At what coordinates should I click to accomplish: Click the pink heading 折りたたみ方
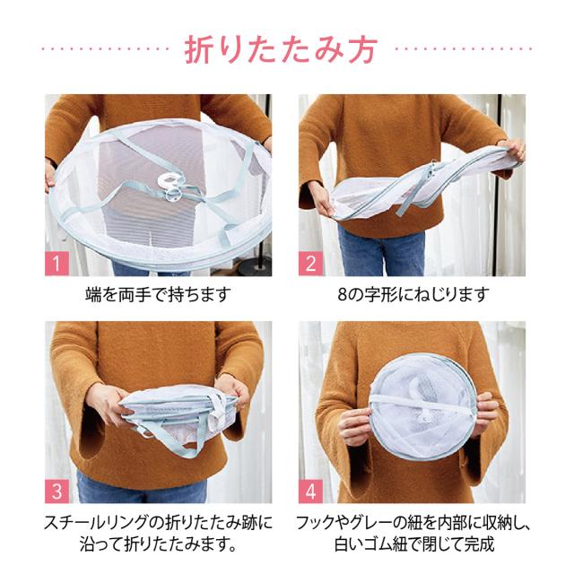click(281, 49)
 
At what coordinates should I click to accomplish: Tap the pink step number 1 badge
click(57, 263)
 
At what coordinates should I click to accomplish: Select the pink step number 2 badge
click(311, 263)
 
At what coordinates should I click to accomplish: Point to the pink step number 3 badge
click(57, 491)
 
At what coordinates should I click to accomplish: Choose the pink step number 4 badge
click(311, 491)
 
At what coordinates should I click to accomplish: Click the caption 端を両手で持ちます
click(158, 294)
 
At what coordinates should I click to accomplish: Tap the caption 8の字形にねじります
click(413, 294)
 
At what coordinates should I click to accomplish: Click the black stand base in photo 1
click(255, 266)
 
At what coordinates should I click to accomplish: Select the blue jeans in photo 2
click(380, 251)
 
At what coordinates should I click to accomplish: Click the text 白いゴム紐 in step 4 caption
click(370, 544)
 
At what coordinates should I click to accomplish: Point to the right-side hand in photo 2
click(512, 150)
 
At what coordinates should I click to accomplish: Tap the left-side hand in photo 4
click(355, 427)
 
